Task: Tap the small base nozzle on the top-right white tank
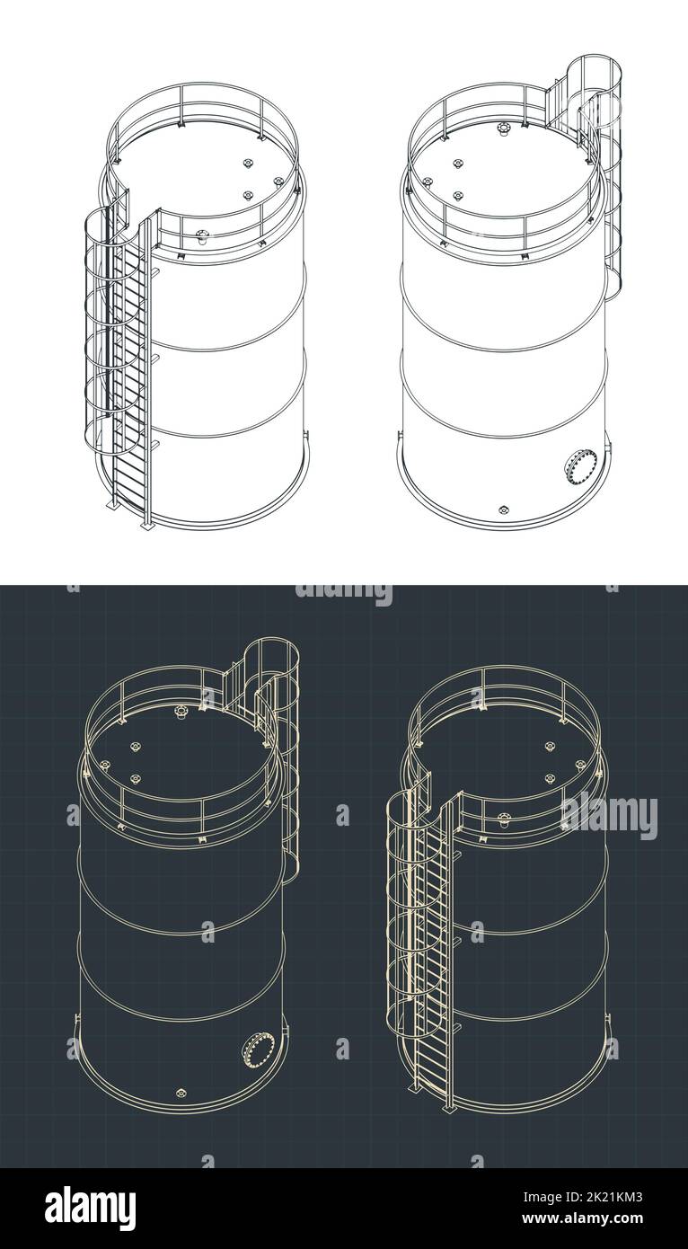[503, 509]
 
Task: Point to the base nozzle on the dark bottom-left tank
[181, 1093]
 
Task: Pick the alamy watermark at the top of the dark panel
[344, 594]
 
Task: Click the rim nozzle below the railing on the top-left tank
[202, 238]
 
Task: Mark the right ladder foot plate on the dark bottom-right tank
[447, 1104]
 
